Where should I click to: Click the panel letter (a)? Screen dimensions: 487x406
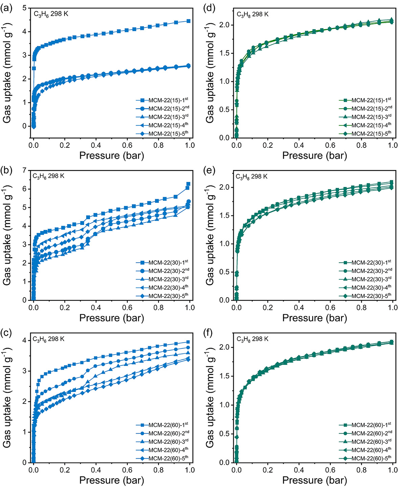pos(6,8)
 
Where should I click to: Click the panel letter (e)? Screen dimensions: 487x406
pos(210,170)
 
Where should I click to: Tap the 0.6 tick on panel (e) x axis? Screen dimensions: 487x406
pos(330,307)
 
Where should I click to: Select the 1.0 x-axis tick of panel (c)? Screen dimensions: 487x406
pos(190,470)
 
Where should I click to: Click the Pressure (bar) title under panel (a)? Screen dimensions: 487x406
pos(112,156)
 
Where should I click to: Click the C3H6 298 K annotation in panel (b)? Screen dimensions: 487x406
pos(48,176)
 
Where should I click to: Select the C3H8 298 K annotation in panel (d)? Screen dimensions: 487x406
pos(252,14)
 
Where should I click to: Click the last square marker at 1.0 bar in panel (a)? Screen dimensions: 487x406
pos(188,21)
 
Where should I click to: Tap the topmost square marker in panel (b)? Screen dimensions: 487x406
pos(188,184)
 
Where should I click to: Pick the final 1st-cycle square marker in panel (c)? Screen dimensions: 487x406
pos(188,342)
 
